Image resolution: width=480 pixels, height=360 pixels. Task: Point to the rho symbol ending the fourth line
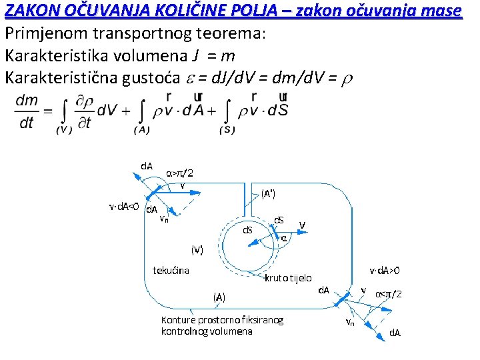point(346,79)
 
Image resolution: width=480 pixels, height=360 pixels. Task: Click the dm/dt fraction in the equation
point(26,112)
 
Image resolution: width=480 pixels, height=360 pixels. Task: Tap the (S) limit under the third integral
point(227,130)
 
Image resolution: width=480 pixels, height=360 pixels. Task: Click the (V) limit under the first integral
point(64,130)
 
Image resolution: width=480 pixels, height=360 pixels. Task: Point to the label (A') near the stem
point(268,194)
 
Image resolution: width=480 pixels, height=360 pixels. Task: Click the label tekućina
point(171,270)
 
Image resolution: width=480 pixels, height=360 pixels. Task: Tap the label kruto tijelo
point(288,277)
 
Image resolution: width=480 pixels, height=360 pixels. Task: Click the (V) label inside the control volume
point(197,249)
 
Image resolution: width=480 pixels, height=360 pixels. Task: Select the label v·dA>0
point(385,271)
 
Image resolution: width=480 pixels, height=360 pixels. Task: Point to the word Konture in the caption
point(178,320)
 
